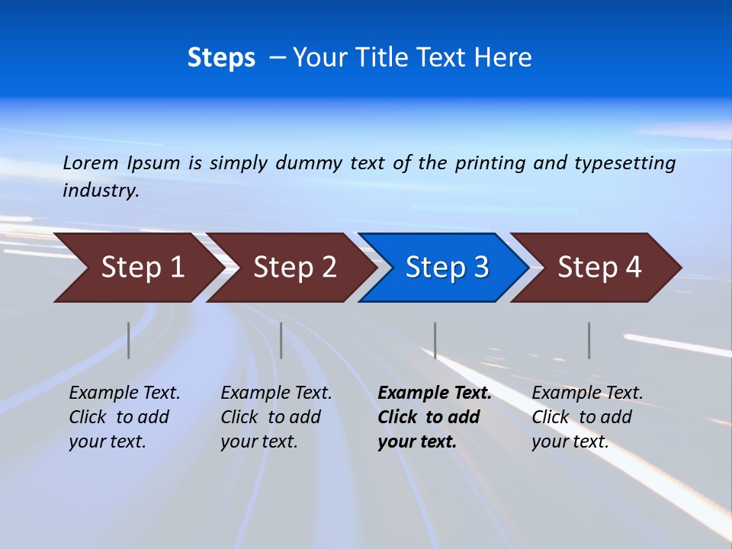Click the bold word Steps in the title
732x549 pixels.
221,58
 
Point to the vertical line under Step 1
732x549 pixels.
129,340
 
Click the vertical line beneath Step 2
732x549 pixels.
281,340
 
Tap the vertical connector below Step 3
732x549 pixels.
435,340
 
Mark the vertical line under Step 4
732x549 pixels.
589,340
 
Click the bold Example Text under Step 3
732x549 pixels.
435,393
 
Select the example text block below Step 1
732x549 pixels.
124,417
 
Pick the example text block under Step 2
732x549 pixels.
276,417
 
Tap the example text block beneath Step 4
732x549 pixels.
587,417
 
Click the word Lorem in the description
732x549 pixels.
91,163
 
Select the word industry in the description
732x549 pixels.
100,191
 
